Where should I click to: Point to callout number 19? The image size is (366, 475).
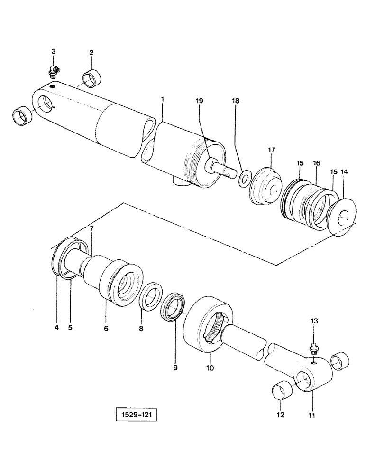click(x=199, y=101)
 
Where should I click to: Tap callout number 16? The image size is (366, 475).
click(x=316, y=163)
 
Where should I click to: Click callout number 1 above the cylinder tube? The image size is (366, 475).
click(x=163, y=100)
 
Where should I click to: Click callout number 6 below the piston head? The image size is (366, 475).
click(x=106, y=328)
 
